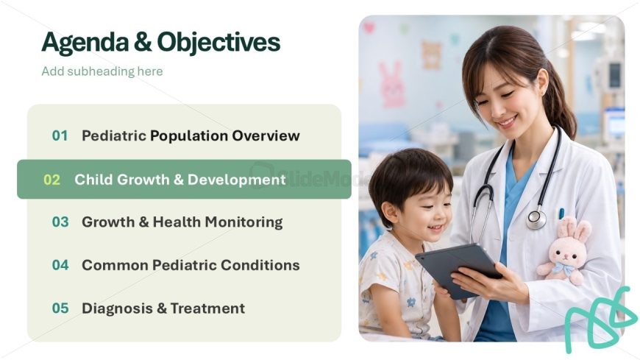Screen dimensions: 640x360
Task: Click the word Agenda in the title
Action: click(x=85, y=43)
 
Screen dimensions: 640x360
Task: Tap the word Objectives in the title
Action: click(x=218, y=43)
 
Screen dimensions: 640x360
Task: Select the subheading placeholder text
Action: click(x=102, y=71)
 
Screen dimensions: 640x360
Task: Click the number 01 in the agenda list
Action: click(x=60, y=135)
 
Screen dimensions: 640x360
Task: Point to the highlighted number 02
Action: click(x=51, y=180)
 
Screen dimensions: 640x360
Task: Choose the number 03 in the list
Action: click(x=60, y=222)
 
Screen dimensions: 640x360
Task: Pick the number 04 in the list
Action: click(x=60, y=265)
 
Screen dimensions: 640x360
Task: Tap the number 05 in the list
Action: click(x=60, y=308)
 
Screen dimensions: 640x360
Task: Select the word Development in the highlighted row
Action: click(x=237, y=180)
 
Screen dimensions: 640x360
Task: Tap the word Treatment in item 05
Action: click(x=207, y=308)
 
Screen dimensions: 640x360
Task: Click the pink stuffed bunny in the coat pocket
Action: click(x=564, y=250)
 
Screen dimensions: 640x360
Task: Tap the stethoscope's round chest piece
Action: click(x=536, y=220)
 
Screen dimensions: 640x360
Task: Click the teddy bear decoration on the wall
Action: click(x=431, y=54)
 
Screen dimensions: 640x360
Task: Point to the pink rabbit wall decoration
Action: click(x=391, y=85)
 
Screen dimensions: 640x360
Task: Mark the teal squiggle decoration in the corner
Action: click(x=600, y=320)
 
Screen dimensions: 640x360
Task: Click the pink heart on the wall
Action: click(x=369, y=28)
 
